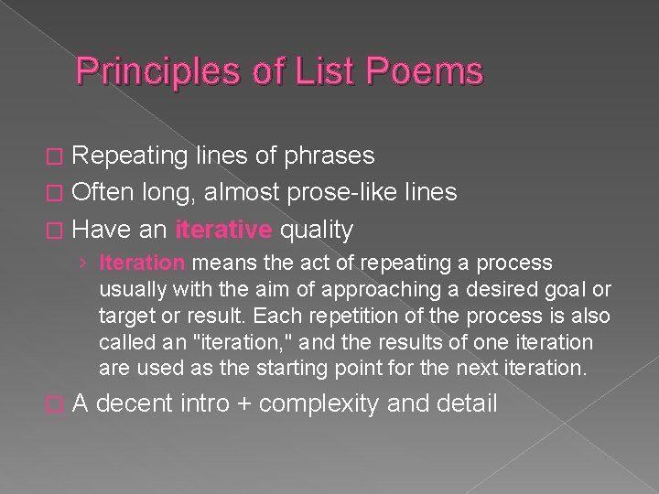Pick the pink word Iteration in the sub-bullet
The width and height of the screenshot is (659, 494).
pos(142,263)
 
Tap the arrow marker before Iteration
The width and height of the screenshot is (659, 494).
pos(83,263)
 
